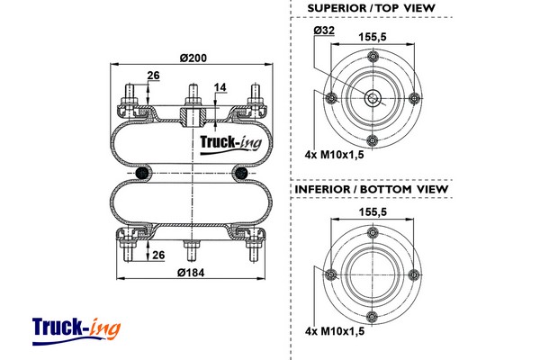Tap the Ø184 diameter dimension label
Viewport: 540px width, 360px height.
click(192, 273)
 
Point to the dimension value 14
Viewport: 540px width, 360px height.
click(220, 87)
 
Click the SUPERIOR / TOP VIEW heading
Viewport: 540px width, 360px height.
click(371, 8)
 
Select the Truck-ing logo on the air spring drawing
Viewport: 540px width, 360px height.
click(229, 142)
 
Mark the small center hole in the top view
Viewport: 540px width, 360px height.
click(372, 98)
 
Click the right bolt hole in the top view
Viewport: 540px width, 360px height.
click(415, 98)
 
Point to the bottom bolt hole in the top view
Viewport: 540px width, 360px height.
click(372, 140)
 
